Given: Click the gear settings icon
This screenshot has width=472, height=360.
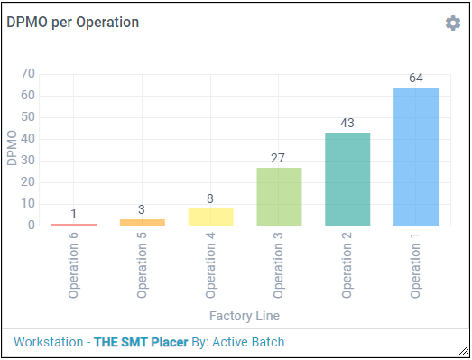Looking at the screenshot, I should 453,23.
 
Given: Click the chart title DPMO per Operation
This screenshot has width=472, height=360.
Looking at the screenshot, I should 73,22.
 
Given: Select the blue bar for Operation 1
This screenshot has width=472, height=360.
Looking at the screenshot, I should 416,156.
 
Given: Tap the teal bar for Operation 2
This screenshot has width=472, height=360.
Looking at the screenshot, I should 347,179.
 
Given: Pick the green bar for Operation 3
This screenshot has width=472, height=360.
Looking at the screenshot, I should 279,196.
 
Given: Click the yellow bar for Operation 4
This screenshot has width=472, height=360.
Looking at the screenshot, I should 210,217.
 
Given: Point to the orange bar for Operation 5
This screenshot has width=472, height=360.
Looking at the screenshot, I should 142,222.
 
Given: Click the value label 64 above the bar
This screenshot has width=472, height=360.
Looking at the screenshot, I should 416,78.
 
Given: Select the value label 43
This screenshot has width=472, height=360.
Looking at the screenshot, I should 347,123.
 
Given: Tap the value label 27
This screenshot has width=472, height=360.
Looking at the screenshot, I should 279,158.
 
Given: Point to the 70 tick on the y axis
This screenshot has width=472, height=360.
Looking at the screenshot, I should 28,74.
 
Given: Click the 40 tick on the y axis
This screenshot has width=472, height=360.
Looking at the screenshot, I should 28,139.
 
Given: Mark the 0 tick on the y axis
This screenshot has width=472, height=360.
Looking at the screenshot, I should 32,226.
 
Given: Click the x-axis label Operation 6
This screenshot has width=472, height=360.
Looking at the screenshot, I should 74,266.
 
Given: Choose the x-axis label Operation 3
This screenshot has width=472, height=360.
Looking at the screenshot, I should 279,266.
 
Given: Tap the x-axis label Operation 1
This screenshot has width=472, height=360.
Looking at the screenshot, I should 416,266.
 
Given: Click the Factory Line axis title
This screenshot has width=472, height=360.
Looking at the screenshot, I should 245,316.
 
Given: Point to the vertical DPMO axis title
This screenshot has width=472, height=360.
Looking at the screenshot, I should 12,149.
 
